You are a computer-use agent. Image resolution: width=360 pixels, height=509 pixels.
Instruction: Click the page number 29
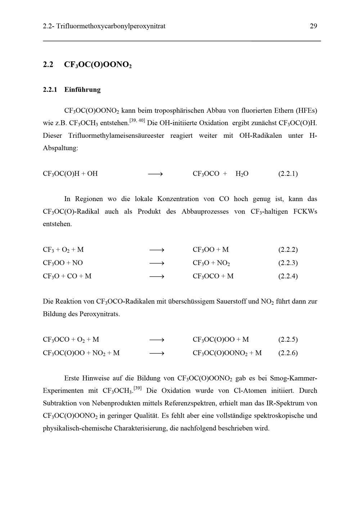click(x=313, y=26)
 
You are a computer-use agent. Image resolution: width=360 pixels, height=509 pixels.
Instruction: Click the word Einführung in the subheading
click(x=82, y=90)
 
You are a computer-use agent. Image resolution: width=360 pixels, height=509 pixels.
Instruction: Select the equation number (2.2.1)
click(x=288, y=174)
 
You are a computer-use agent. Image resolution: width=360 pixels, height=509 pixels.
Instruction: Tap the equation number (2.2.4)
click(x=288, y=276)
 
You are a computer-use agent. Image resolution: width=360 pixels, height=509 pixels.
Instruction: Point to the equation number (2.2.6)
click(x=288, y=353)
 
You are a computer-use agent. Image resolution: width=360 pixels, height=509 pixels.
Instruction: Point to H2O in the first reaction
click(x=242, y=174)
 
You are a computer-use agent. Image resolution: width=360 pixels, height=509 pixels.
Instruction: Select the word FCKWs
click(x=305, y=212)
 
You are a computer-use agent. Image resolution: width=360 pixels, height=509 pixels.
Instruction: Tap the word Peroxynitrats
click(x=99, y=314)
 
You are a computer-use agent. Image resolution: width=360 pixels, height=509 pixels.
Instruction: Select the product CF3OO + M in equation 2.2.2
click(x=211, y=250)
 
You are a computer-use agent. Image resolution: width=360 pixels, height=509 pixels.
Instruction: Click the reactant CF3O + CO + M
click(x=67, y=276)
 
